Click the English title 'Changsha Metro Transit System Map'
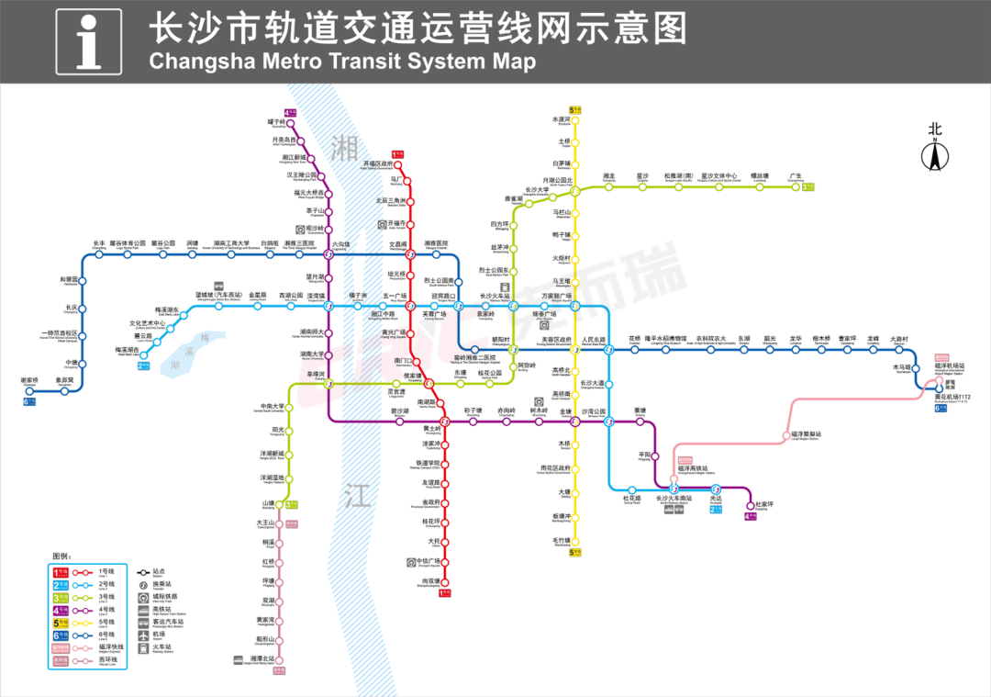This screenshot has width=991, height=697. click(341, 62)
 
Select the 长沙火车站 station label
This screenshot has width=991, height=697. click(500, 297)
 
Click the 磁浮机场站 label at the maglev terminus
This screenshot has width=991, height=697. click(949, 365)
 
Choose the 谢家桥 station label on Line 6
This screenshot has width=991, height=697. click(29, 380)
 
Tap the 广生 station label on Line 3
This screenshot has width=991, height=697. click(796, 175)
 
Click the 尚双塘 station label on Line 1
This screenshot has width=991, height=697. click(431, 581)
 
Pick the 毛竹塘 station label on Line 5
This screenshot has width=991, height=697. click(562, 539)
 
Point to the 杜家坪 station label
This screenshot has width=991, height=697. click(764, 504)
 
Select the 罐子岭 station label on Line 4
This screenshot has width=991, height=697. click(276, 121)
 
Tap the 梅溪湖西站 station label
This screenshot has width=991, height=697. click(127, 350)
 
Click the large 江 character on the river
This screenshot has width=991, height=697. click(357, 497)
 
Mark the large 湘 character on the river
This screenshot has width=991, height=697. click(345, 145)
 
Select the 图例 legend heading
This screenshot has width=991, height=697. click(61, 556)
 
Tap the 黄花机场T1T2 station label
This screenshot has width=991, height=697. click(952, 397)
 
